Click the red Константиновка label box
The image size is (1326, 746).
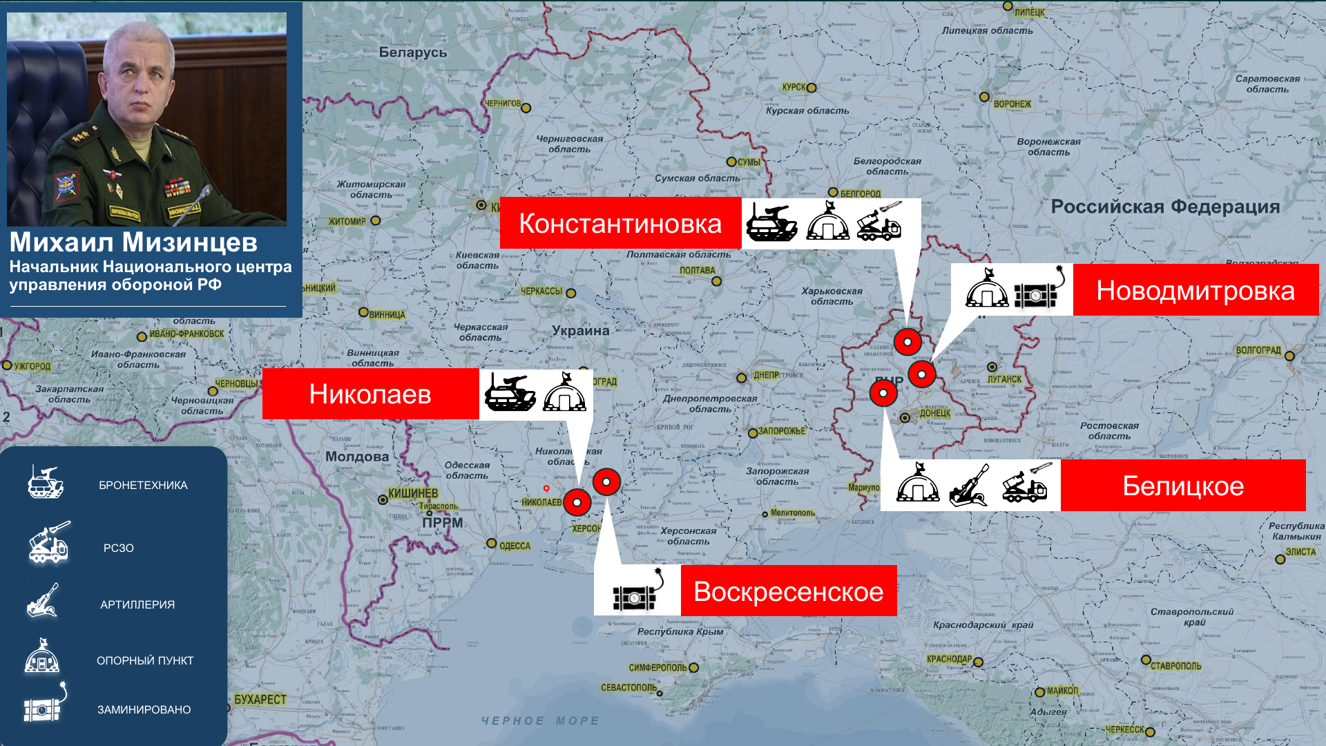(620, 223)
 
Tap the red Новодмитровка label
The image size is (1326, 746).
(1195, 290)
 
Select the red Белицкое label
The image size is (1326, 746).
(1183, 486)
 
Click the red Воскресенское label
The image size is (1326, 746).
(789, 591)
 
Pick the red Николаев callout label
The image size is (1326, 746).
(370, 394)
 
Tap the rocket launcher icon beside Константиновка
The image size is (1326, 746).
(879, 222)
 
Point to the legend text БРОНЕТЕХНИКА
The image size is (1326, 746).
(143, 485)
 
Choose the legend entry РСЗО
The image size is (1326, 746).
(119, 548)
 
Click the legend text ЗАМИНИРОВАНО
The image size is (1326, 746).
(144, 709)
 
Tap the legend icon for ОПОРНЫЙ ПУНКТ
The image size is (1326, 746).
(42, 656)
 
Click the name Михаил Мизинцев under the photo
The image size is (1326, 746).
(133, 242)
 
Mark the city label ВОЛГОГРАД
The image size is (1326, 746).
(1258, 350)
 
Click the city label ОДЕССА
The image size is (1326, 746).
(515, 546)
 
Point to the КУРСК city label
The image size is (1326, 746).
(794, 87)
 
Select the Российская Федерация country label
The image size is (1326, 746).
(1165, 207)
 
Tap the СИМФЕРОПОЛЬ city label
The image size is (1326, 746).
(657, 667)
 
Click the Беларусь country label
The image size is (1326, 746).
(413, 52)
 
